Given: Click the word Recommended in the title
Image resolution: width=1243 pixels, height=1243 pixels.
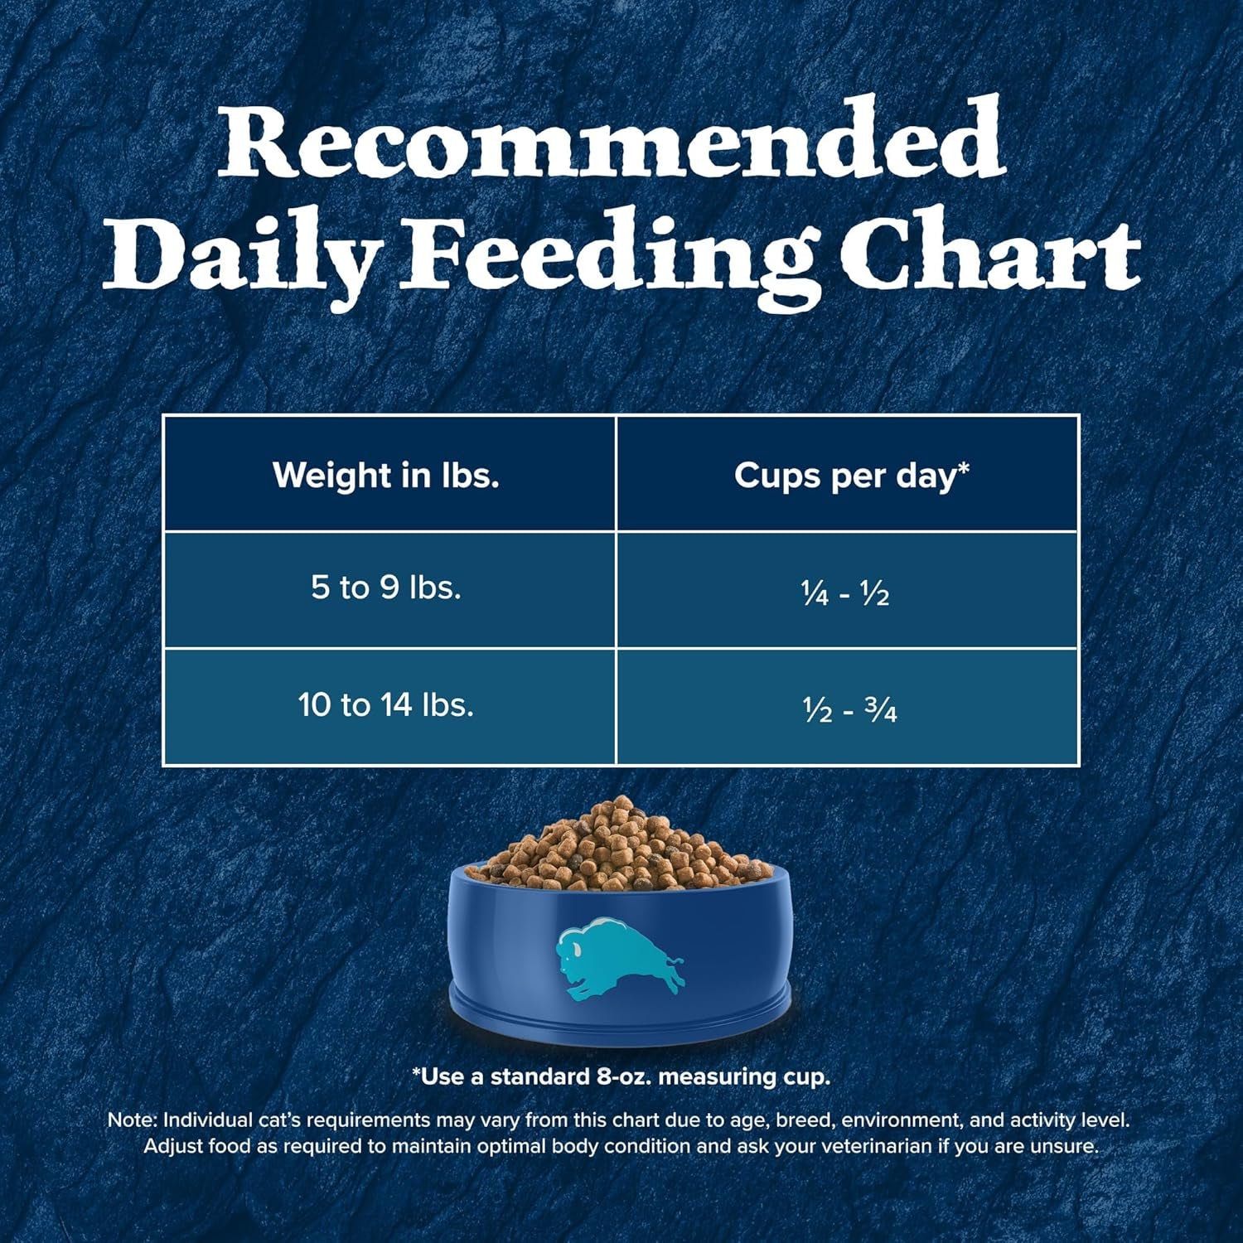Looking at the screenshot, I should point(612,139).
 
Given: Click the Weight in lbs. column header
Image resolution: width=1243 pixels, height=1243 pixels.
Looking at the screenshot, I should point(386,475).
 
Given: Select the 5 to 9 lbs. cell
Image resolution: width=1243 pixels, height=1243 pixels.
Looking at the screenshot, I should point(386,588).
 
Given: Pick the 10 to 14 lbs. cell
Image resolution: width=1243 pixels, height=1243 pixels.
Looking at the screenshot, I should point(386,705).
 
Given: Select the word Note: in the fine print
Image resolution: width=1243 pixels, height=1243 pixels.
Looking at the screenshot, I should point(132,1120).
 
